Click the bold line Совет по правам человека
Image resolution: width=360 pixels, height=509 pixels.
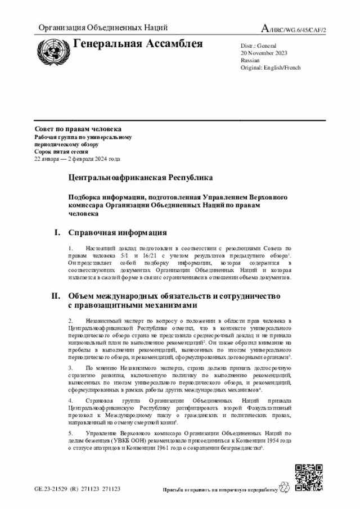(x=78, y=130)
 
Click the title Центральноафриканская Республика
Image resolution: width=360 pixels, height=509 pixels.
(x=141, y=178)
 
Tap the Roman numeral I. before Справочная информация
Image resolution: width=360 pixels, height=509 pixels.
(x=57, y=232)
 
